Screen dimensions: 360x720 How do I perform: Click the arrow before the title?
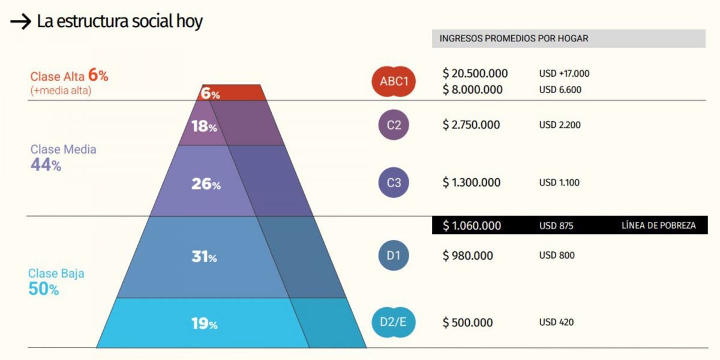(20, 22)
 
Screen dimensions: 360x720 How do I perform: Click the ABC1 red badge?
(394, 82)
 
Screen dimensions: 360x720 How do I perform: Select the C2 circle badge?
(394, 125)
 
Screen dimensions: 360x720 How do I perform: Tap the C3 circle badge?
(394, 182)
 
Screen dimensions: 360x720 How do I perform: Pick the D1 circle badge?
(393, 256)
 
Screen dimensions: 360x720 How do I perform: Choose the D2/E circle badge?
(393, 322)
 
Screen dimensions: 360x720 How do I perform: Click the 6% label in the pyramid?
(210, 94)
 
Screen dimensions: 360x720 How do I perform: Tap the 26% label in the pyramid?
(206, 184)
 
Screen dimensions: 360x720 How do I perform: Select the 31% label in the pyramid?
(204, 257)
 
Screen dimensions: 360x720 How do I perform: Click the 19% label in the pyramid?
(204, 324)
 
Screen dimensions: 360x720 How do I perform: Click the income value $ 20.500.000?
(475, 73)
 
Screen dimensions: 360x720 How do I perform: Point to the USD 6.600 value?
(560, 90)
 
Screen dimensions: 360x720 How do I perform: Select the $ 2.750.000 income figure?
(472, 125)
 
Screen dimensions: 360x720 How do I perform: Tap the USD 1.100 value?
(559, 182)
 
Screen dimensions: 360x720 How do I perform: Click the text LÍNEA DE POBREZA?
(659, 226)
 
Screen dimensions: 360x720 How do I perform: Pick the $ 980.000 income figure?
(468, 256)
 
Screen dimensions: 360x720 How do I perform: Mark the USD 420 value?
(556, 322)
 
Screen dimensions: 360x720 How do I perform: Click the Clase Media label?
(63, 149)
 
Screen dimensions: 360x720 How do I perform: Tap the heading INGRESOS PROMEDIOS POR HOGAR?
(514, 38)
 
